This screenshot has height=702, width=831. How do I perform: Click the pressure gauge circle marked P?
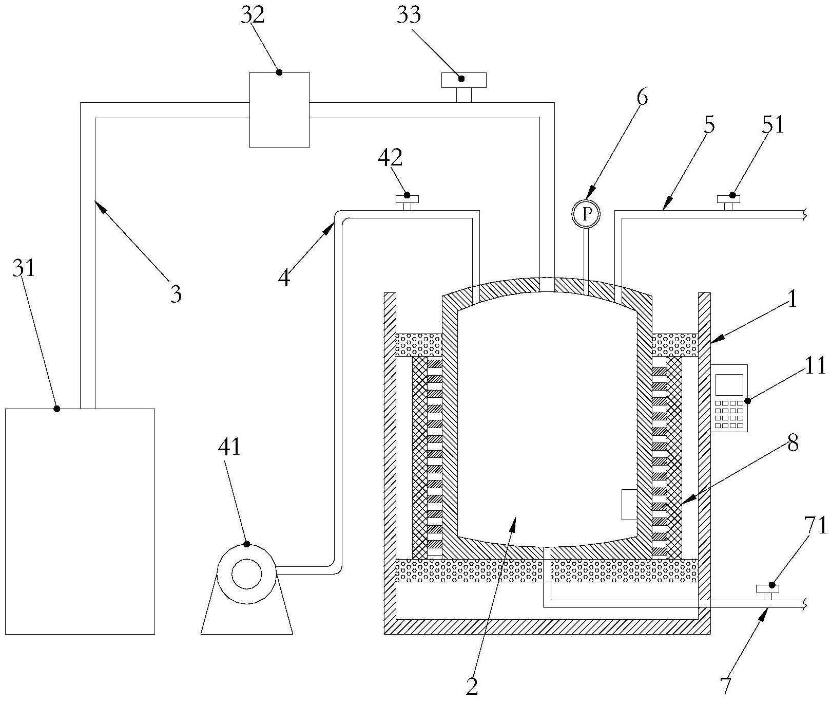[x=586, y=213]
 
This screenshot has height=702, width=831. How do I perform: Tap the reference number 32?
[x=253, y=15]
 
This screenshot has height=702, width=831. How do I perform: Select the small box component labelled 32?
[x=279, y=110]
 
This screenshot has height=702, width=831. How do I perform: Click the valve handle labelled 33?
[x=464, y=80]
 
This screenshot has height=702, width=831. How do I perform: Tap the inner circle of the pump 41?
[x=247, y=574]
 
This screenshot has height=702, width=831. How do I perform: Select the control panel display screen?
[x=729, y=384]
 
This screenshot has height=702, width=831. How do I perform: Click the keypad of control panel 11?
[x=729, y=414]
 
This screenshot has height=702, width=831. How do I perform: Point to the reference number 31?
[x=24, y=268]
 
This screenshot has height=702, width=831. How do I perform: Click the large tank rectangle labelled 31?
[x=80, y=521]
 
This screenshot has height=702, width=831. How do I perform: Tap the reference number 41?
[x=229, y=447]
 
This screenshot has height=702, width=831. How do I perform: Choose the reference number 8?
[x=793, y=443]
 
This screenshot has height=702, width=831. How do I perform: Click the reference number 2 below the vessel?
[x=472, y=687]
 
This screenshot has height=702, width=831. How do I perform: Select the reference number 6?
[x=642, y=97]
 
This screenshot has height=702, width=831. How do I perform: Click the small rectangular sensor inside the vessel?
[x=629, y=504]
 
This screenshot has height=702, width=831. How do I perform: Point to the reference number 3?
[x=176, y=294]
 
